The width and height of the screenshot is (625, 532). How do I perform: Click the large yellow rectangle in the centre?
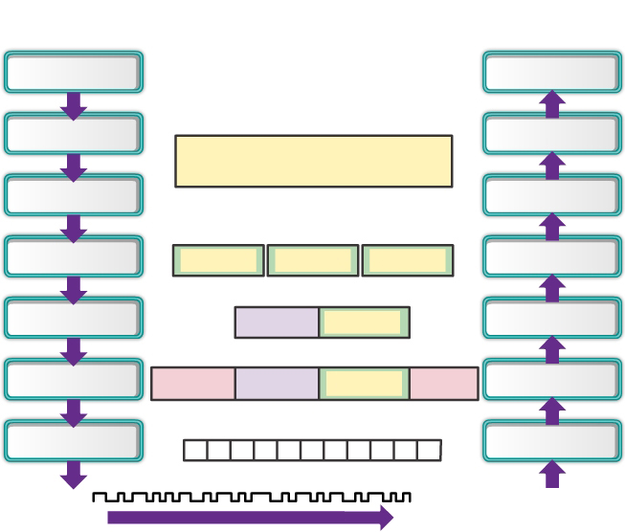click(x=313, y=161)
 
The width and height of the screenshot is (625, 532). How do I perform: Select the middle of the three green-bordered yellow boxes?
click(x=313, y=260)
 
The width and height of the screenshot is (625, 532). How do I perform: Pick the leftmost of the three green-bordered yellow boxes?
click(x=218, y=260)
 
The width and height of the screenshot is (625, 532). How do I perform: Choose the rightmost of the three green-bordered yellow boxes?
click(x=407, y=260)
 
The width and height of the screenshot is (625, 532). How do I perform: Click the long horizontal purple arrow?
click(x=250, y=518)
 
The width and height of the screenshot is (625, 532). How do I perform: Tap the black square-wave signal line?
click(x=252, y=498)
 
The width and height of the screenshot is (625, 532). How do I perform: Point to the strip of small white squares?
click(x=312, y=450)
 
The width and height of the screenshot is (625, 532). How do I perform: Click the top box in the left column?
click(x=74, y=72)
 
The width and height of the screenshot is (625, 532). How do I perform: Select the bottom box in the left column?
click(x=74, y=441)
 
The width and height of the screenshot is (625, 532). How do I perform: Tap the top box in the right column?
click(x=551, y=72)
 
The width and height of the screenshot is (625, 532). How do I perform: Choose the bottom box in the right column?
click(x=551, y=441)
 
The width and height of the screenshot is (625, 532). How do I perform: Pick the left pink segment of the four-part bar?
click(x=192, y=384)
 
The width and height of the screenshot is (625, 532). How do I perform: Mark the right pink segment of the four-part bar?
click(x=443, y=384)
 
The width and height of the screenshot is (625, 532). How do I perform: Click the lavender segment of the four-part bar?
click(x=277, y=384)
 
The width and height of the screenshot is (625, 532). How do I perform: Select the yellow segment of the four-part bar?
click(x=364, y=384)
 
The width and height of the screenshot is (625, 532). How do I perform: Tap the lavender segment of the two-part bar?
click(x=277, y=322)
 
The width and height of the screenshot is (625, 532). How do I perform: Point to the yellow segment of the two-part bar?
click(x=364, y=322)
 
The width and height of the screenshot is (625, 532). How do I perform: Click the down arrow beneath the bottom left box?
click(x=74, y=474)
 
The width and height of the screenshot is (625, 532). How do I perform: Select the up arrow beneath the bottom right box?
click(x=551, y=474)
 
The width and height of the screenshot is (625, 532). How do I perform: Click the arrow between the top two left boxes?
click(x=74, y=105)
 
